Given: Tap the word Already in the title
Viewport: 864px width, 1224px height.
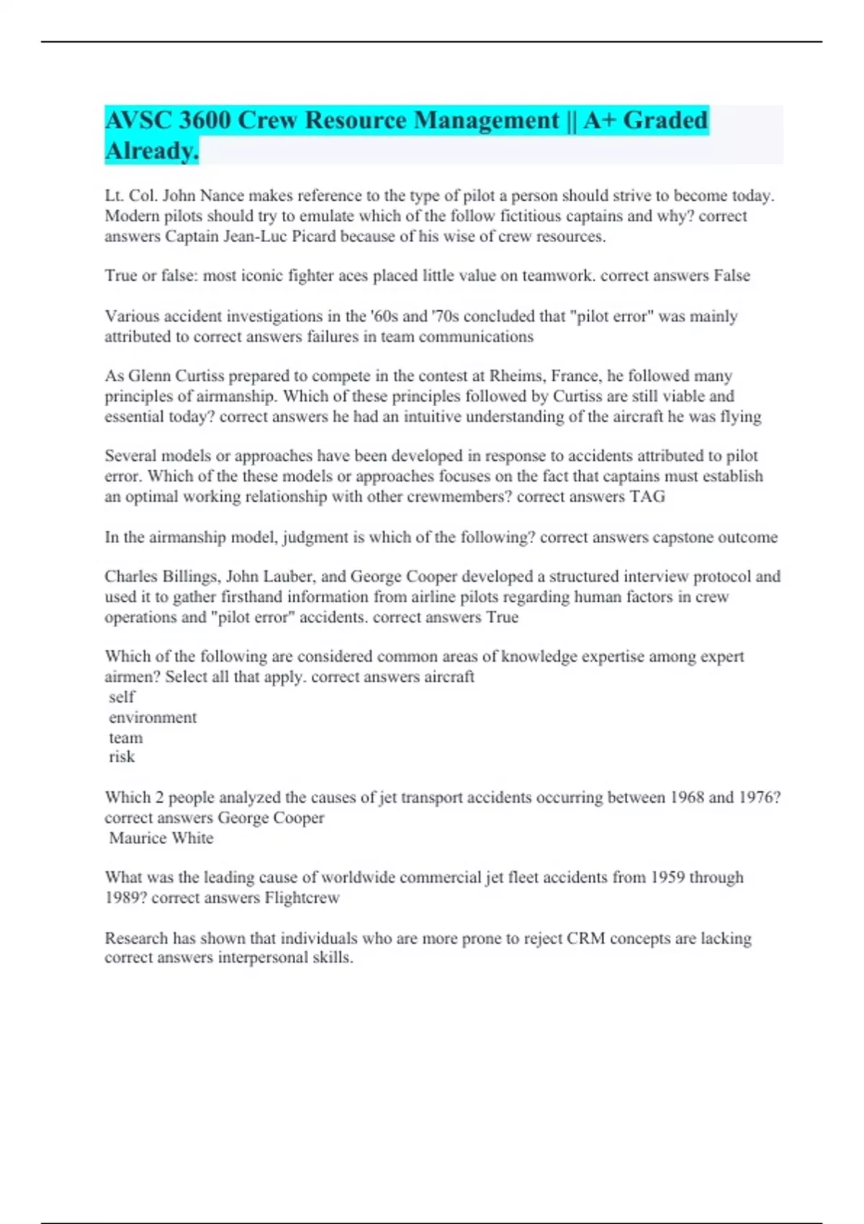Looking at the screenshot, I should pyautogui.click(x=151, y=151).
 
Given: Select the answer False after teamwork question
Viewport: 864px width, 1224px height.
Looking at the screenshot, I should pyautogui.click(x=732, y=276).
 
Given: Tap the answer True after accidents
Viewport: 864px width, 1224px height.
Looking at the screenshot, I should pyautogui.click(x=502, y=617).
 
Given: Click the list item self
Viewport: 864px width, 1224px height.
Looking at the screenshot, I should pyautogui.click(x=122, y=697).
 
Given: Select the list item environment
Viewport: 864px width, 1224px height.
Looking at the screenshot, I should pyautogui.click(x=153, y=717).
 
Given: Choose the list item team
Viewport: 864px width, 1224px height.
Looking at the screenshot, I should pyautogui.click(x=126, y=738).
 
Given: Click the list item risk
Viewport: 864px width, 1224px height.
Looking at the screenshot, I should pyautogui.click(x=122, y=757).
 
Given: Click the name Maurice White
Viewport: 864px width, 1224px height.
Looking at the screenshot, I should pyautogui.click(x=161, y=838).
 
